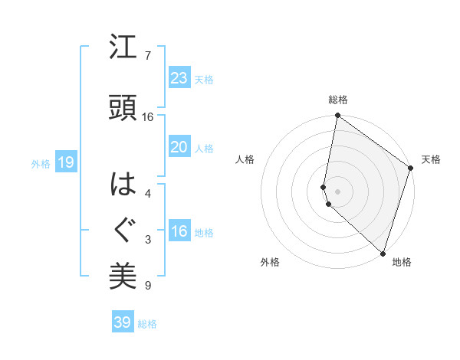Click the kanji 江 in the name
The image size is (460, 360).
123,48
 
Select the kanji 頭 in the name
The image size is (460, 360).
123,107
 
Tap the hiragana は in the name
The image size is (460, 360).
123,184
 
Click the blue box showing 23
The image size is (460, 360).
179,78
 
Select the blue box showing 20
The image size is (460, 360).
179,147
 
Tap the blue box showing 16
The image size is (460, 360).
179,231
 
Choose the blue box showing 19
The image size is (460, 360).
65,162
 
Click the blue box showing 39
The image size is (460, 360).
123,322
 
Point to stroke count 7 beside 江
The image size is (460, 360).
148,56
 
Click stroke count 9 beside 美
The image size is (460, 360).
148,286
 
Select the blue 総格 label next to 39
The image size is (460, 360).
148,324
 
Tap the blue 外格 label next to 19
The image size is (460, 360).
40,163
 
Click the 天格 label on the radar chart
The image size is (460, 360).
431,159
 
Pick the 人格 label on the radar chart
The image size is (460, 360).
245,159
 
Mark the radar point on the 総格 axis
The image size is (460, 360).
337,116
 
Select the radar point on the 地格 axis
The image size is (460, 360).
383,252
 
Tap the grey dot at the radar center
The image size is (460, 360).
337,191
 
